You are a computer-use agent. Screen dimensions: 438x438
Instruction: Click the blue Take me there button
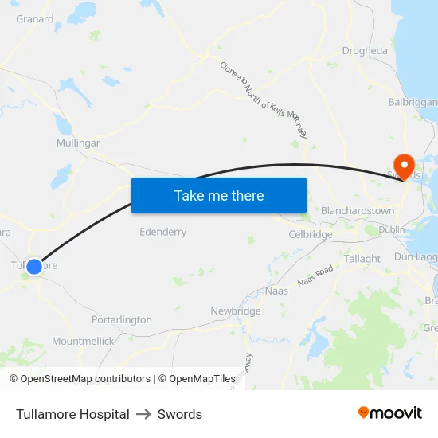point(219,195)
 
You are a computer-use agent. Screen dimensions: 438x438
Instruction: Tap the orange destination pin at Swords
point(405,166)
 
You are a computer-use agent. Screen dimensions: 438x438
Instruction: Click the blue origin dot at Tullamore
point(34,267)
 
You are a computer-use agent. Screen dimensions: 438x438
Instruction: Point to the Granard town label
point(35,19)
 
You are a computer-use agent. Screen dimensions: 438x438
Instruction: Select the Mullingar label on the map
point(78,143)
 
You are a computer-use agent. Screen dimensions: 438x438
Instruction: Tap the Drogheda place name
point(365,51)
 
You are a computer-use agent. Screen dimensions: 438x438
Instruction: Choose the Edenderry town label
point(162,232)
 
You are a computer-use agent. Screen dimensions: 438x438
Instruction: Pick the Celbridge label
point(311,234)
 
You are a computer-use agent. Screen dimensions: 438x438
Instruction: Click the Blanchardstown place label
point(358,210)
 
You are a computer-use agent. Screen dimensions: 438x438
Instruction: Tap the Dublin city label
point(392,229)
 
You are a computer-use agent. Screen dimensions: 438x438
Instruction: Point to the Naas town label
point(276,291)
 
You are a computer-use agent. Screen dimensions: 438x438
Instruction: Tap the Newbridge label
point(236,311)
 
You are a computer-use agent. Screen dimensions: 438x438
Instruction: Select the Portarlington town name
point(122,319)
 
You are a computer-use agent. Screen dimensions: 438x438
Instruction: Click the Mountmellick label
point(83,341)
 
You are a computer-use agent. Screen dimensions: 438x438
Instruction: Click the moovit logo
point(390,413)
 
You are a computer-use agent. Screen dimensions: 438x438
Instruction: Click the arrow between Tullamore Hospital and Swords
point(143,414)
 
